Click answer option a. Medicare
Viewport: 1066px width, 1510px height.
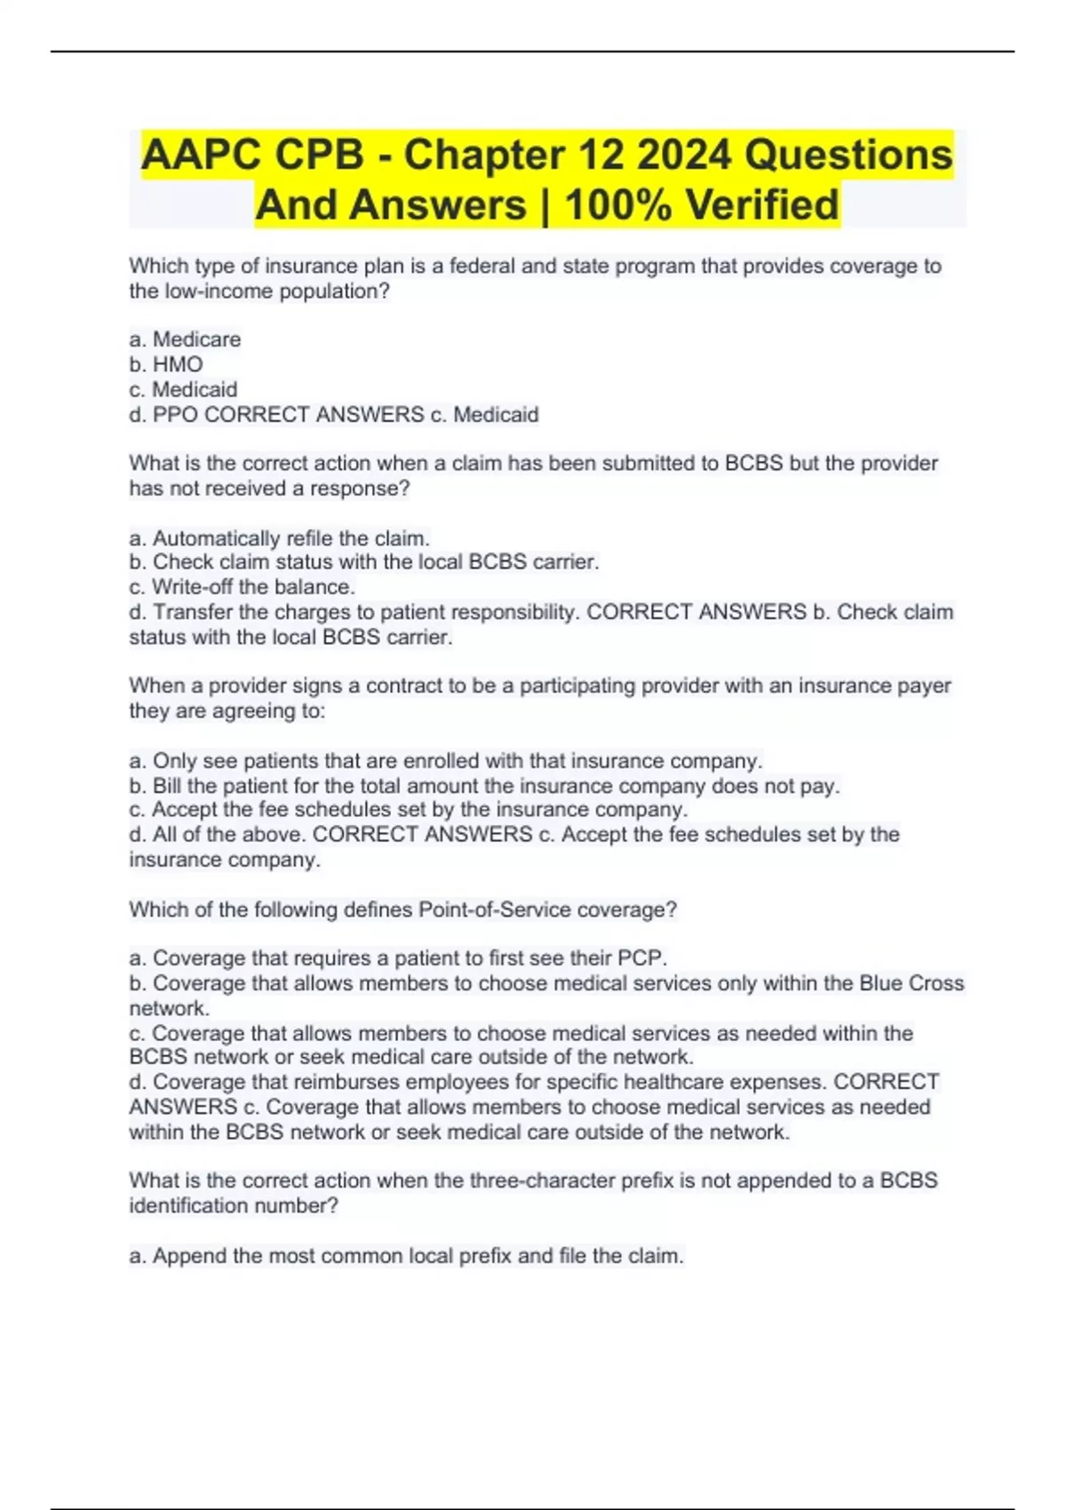185,339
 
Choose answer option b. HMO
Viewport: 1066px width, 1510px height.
166,364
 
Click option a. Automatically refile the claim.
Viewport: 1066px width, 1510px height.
279,538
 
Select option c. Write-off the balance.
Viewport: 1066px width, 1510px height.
242,587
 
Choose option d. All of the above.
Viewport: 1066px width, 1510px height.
217,835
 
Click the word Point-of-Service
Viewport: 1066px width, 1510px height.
495,910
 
